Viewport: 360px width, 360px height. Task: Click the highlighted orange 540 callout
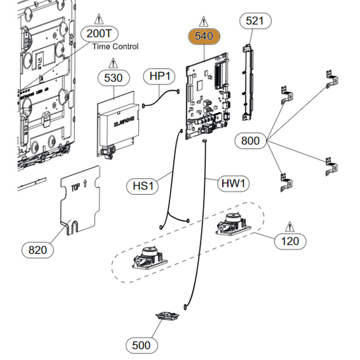click(x=204, y=36)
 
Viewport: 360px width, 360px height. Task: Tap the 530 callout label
click(x=113, y=78)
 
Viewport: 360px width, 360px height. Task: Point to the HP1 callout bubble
click(x=159, y=77)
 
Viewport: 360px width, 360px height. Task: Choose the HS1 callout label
click(x=142, y=186)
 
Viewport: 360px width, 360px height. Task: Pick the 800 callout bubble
click(x=250, y=141)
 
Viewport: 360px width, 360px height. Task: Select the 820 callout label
click(x=37, y=249)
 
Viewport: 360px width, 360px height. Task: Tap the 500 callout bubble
click(x=142, y=346)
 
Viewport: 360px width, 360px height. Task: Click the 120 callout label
click(x=289, y=241)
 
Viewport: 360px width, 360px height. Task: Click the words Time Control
click(x=115, y=46)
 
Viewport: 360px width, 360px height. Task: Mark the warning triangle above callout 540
click(x=204, y=21)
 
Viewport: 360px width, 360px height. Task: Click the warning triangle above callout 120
click(x=289, y=225)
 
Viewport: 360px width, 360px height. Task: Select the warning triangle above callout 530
click(x=113, y=62)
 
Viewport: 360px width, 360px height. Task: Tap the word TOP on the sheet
click(x=77, y=187)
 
